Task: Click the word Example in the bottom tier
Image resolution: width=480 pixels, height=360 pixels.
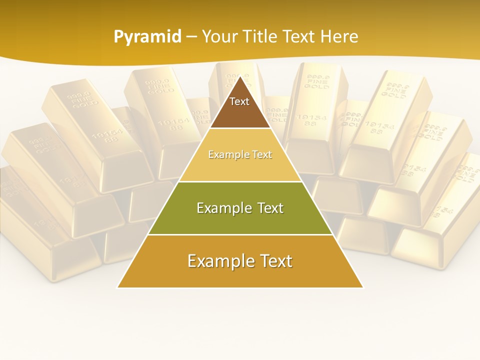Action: pyautogui.click(x=217, y=261)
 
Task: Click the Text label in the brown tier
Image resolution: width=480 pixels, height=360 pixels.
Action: pyautogui.click(x=239, y=101)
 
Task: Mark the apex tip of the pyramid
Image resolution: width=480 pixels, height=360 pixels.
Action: pyautogui.click(x=240, y=77)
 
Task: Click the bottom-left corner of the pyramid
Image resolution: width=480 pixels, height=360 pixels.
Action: pyautogui.click(x=118, y=287)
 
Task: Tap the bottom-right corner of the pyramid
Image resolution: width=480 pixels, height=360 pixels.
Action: pyautogui.click(x=362, y=287)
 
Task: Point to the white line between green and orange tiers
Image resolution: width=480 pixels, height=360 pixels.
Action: pyautogui.click(x=240, y=234)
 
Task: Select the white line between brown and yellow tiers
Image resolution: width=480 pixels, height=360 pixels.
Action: pyautogui.click(x=240, y=128)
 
